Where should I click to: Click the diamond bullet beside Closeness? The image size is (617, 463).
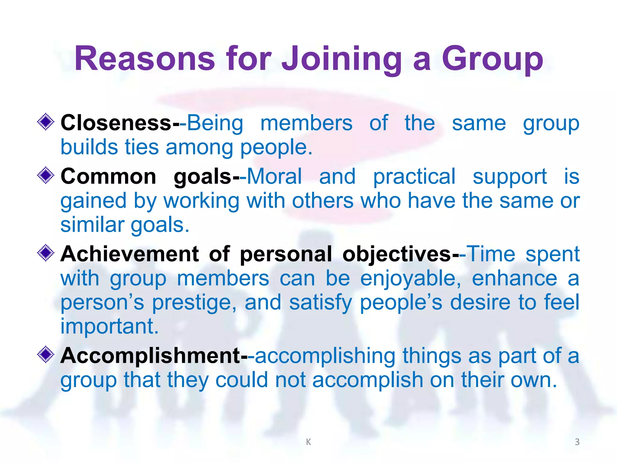point(46,122)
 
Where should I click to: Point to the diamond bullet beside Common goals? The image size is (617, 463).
point(46,175)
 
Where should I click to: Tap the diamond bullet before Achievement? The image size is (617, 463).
point(46,253)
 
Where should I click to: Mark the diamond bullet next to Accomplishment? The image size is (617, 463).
point(46,354)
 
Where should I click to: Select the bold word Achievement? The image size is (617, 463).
point(130,254)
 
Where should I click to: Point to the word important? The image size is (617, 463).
point(109,326)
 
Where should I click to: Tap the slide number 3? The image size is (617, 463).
point(577,442)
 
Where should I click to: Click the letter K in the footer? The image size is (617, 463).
point(308,442)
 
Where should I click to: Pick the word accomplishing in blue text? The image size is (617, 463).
point(325,356)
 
